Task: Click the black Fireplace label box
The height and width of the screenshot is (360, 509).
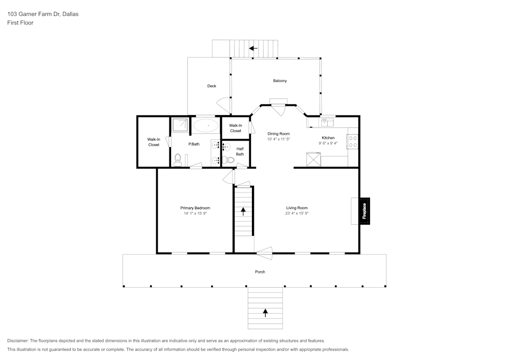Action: pyautogui.click(x=364, y=210)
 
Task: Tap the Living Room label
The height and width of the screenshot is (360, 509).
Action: pyautogui.click(x=297, y=208)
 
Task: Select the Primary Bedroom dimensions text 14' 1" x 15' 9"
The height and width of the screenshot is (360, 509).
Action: pyautogui.click(x=195, y=214)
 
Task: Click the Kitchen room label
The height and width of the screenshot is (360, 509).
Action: pyautogui.click(x=328, y=138)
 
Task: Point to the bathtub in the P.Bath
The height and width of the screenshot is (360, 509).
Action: pyautogui.click(x=206, y=125)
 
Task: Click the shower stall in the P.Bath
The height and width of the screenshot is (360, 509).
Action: pyautogui.click(x=179, y=125)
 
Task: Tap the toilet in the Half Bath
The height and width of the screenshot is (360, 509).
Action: pyautogui.click(x=229, y=160)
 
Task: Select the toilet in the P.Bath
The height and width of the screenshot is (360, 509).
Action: pyautogui.click(x=177, y=160)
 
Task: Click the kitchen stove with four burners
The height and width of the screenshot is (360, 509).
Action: pyautogui.click(x=353, y=142)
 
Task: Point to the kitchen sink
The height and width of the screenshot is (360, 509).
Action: pyautogui.click(x=327, y=122)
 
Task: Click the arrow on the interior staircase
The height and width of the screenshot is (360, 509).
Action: pyautogui.click(x=243, y=210)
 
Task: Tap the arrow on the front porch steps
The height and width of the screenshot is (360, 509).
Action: pyautogui.click(x=265, y=312)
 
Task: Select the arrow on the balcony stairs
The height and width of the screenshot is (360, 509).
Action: pyautogui.click(x=253, y=49)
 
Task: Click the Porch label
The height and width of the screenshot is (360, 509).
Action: pyautogui.click(x=260, y=272)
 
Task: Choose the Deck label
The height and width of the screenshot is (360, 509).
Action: pyautogui.click(x=212, y=86)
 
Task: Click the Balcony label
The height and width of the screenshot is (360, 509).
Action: pyautogui.click(x=280, y=81)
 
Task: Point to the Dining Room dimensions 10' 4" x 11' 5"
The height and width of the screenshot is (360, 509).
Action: pyautogui.click(x=278, y=139)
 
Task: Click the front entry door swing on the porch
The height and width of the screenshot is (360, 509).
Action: pyautogui.click(x=264, y=250)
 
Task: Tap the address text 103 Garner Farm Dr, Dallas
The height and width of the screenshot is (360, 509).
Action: pyautogui.click(x=42, y=14)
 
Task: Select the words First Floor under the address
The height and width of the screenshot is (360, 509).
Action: pyautogui.click(x=20, y=23)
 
